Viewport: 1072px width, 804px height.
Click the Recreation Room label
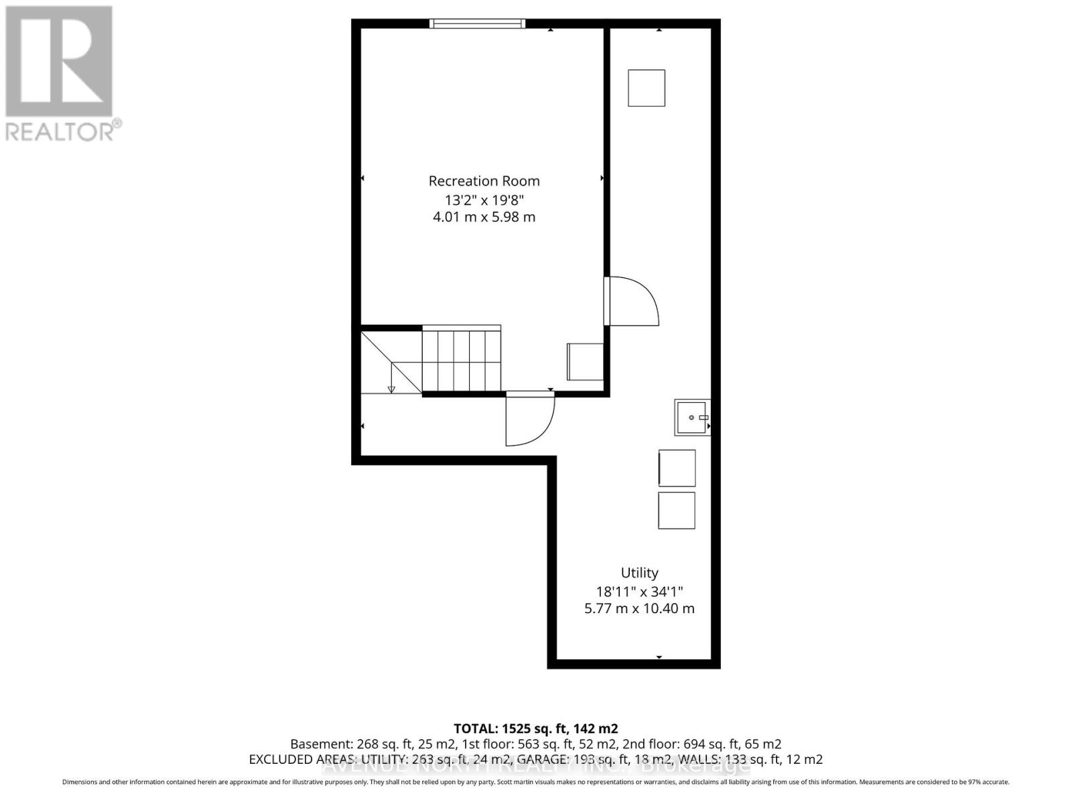[x=484, y=181]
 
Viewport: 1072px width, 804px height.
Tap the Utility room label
[x=639, y=573]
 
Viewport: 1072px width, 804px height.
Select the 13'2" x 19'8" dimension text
[x=484, y=200]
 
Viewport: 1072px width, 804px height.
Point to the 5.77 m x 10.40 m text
[x=639, y=608]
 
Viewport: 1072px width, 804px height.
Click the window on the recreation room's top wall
[x=477, y=24]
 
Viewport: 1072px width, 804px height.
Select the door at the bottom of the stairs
[x=529, y=419]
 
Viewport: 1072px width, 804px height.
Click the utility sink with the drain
[x=691, y=417]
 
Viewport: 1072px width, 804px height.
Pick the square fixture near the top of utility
[x=647, y=88]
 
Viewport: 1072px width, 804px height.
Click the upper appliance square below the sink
[x=677, y=468]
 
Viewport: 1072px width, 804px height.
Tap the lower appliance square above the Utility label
[x=677, y=511]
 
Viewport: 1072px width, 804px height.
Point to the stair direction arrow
[x=392, y=388]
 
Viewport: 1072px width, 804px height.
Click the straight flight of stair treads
[x=461, y=360]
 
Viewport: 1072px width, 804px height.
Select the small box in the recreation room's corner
[x=586, y=362]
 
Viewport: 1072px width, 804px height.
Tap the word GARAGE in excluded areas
[x=545, y=759]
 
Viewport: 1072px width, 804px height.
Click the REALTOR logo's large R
[x=59, y=62]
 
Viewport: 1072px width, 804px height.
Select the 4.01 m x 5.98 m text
[x=484, y=217]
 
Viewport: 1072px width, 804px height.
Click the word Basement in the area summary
[x=318, y=744]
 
